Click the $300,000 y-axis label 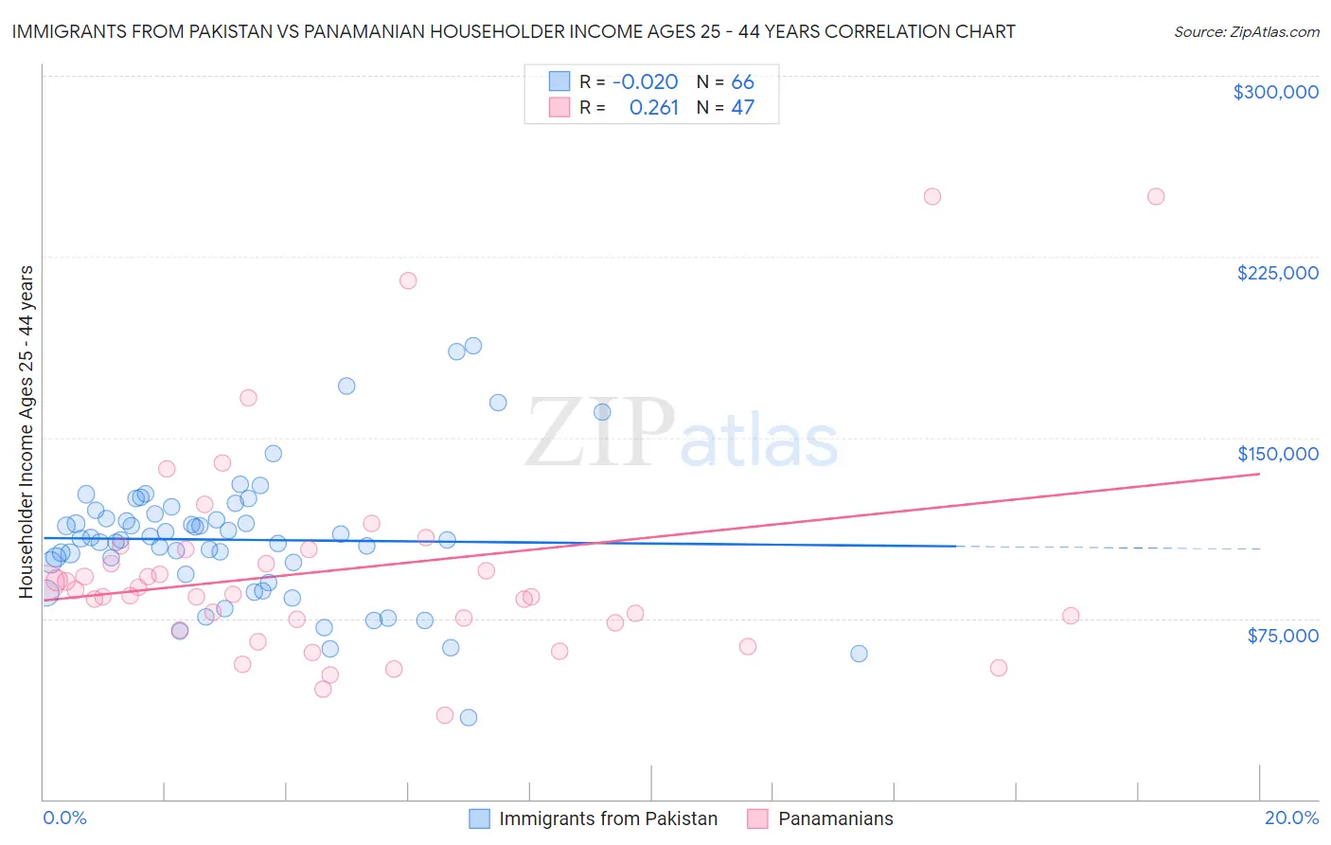(x=1275, y=92)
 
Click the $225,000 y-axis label (x=1277, y=273)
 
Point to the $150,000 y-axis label (x=1277, y=454)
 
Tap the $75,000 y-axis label (x=1282, y=636)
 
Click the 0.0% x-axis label (x=64, y=818)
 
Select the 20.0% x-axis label (x=1291, y=818)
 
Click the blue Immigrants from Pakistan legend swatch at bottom (x=480, y=818)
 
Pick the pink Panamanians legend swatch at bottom (x=757, y=818)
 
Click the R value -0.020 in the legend (x=645, y=82)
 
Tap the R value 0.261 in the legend (x=654, y=108)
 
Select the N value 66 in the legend (x=742, y=82)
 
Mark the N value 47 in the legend (x=742, y=108)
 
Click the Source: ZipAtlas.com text (x=1246, y=31)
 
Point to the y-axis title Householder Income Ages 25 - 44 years (x=27, y=432)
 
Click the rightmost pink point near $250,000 (x=1155, y=197)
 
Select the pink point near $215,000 (x=408, y=280)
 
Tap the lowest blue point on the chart (x=468, y=717)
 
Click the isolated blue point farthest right (x=859, y=654)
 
